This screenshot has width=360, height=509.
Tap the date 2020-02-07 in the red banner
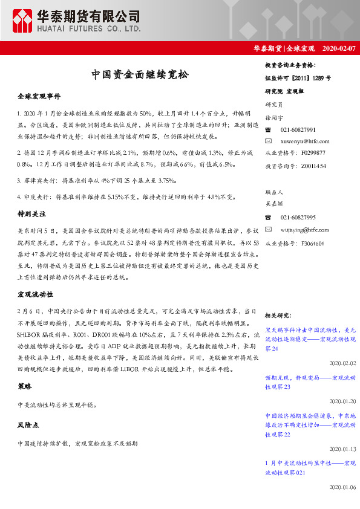339,48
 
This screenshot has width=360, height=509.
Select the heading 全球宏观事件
39,96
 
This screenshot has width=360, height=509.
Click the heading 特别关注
32,214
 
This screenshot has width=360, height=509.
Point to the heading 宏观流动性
36,294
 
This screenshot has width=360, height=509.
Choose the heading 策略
25,386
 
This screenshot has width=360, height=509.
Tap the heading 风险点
28,426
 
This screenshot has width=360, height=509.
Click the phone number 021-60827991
298,130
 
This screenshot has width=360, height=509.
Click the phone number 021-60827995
298,217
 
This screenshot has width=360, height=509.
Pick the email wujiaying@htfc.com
304,229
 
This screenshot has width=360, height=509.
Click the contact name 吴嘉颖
274,205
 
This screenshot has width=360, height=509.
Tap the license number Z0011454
313,165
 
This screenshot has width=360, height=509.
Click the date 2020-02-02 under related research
342,363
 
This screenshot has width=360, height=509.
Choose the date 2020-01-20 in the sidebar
342,401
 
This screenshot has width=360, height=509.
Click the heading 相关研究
279,316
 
